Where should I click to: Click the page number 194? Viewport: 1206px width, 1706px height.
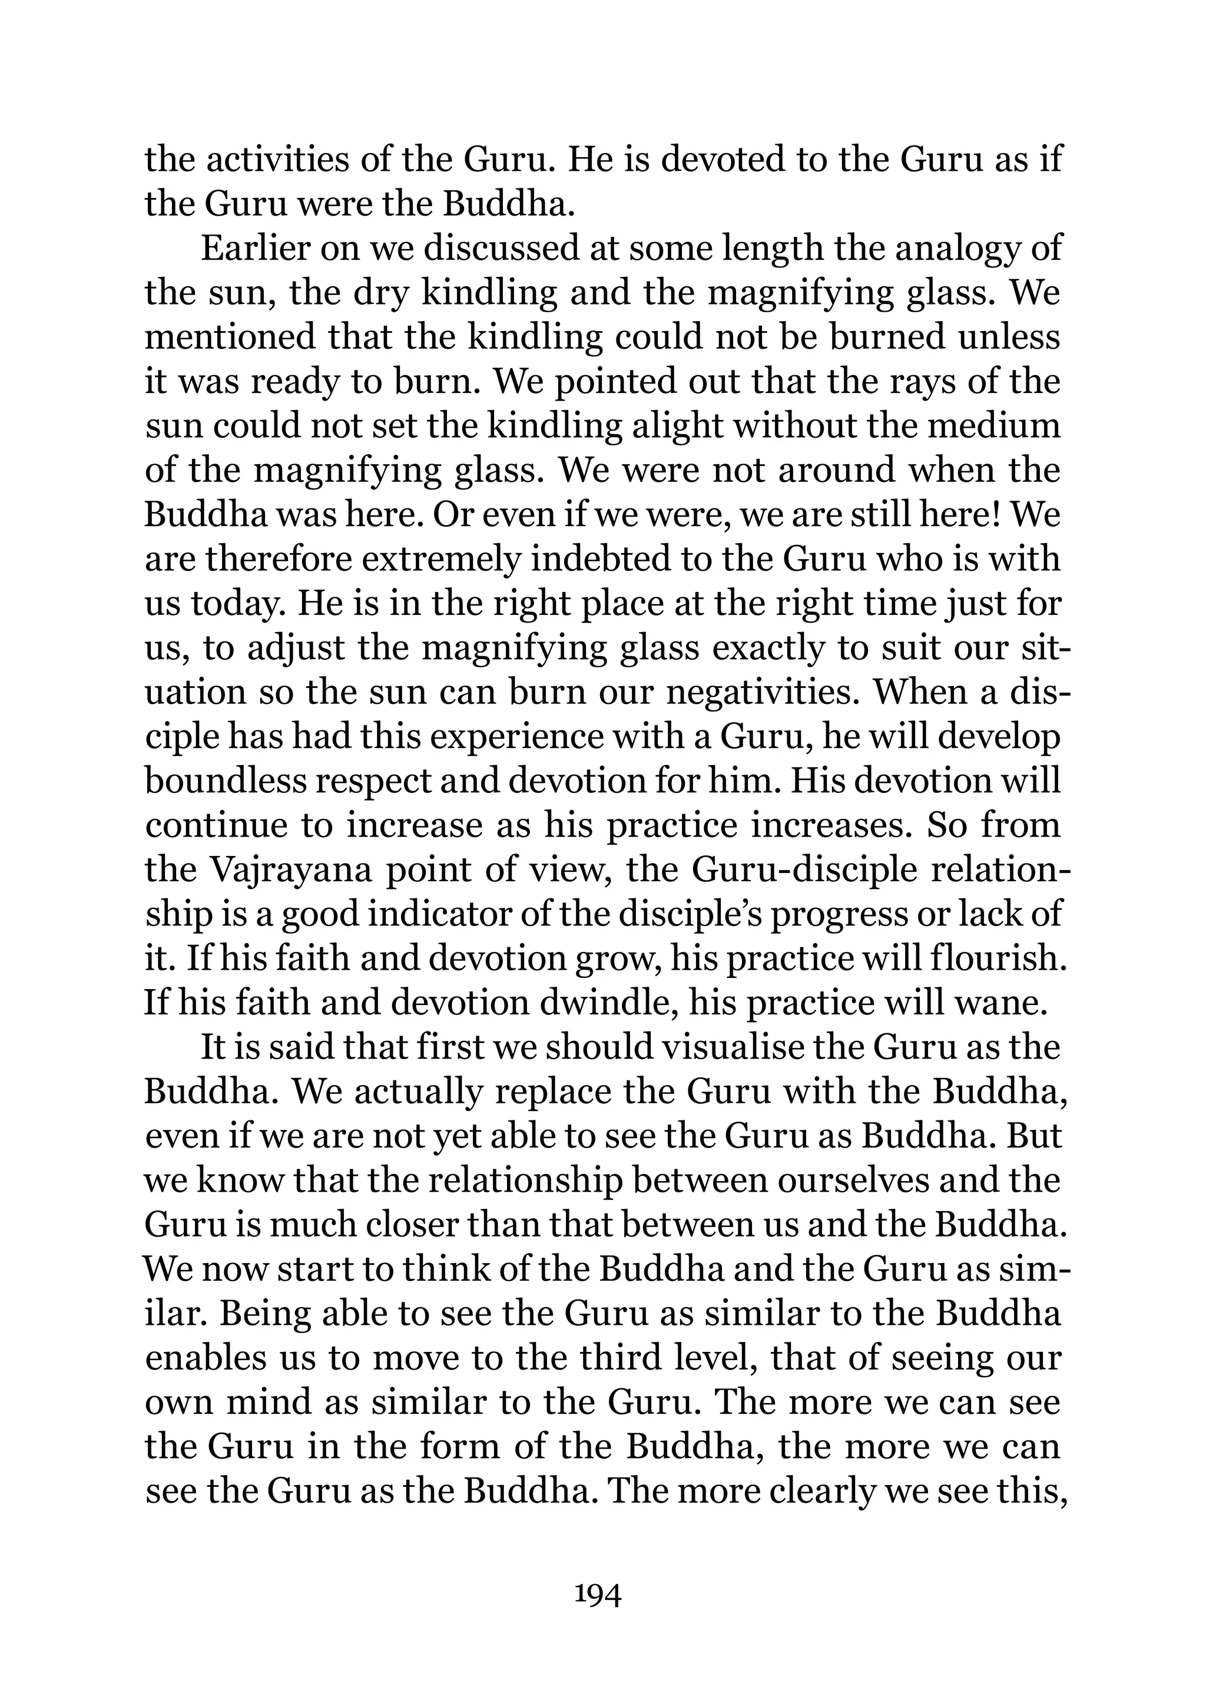(598, 1595)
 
